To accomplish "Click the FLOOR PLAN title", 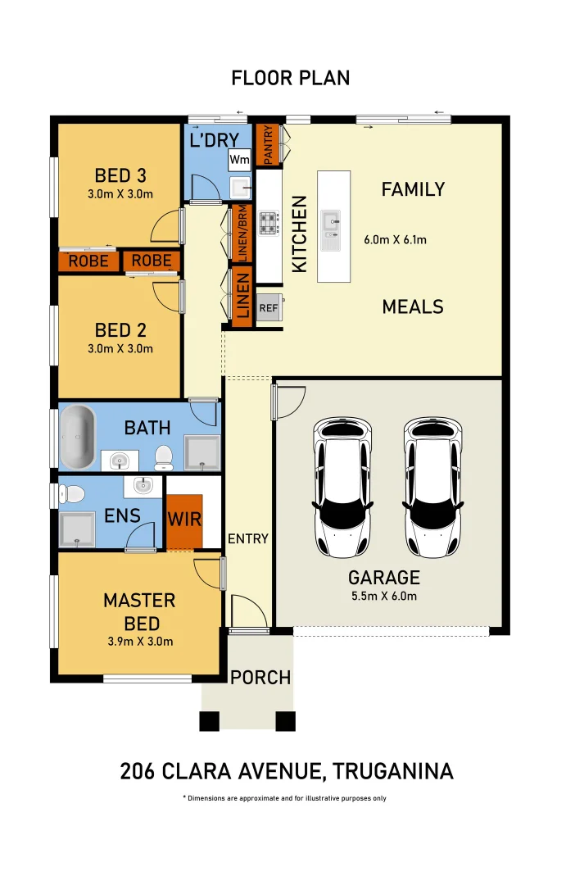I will (290, 78).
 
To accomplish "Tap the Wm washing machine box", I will (239, 159).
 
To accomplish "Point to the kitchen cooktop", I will (269, 223).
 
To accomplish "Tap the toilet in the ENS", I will (71, 493).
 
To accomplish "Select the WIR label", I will (184, 520).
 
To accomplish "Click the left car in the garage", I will (342, 487).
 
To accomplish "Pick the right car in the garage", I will (432, 487).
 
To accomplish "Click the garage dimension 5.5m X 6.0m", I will (383, 596).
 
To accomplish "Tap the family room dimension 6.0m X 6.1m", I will (395, 240).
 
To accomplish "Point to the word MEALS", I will (413, 307).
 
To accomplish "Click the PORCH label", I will (260, 678).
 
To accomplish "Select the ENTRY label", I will (248, 538).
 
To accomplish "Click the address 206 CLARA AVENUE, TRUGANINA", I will (287, 771).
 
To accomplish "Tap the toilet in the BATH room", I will (163, 455).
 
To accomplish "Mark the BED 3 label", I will (120, 175).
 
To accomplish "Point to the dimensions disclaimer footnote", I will (284, 798).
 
